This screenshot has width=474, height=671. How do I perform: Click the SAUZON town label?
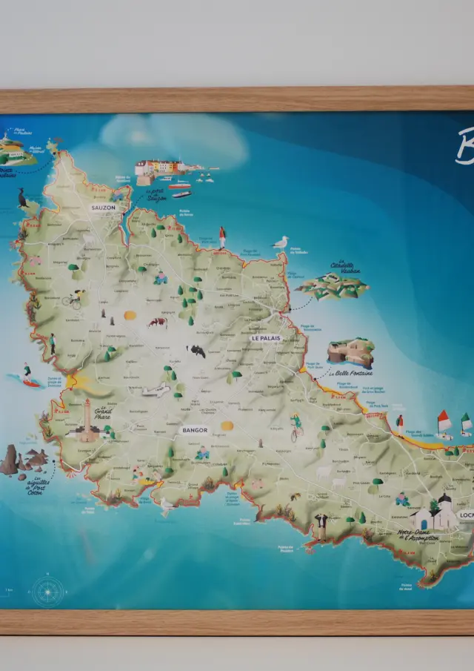(x=103, y=208)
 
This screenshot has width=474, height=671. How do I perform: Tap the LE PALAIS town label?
(x=265, y=338)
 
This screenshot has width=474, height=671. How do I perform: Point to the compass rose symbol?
(x=47, y=591)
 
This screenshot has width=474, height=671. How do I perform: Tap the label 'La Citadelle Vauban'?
(x=342, y=268)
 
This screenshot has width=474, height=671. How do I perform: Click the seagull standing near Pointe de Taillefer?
(x=281, y=242)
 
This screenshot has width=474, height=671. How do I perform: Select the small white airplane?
(x=156, y=391)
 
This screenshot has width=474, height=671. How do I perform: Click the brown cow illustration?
(x=157, y=323)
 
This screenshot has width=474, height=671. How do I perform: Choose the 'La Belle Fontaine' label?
(x=351, y=373)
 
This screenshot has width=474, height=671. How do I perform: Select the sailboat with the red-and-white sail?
(x=444, y=423)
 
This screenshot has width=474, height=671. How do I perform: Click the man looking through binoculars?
(x=321, y=524)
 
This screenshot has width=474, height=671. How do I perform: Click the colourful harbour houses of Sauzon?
(x=158, y=168)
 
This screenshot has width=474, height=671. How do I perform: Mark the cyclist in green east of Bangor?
(x=296, y=426)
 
